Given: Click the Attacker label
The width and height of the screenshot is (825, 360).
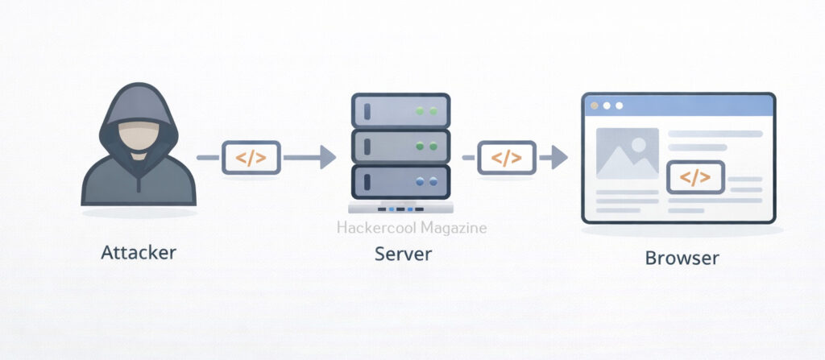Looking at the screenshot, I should click(139, 253).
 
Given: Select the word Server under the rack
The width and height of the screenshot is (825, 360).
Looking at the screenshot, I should click(403, 254).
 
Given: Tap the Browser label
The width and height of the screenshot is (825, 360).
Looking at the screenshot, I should click(682, 259).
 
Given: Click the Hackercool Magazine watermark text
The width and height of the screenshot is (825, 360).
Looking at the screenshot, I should click(411, 228).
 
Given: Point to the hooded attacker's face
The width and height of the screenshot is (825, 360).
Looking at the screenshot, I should click(138, 133).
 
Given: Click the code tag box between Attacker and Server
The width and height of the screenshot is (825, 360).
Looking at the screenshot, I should click(251, 158).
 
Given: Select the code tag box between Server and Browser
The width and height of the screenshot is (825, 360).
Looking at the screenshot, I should click(506, 158).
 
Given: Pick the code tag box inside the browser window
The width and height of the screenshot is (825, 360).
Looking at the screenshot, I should click(696, 177).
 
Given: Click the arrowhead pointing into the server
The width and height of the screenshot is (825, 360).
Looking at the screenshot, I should click(327, 158).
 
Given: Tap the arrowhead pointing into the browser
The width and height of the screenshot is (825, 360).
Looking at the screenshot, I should click(559, 158).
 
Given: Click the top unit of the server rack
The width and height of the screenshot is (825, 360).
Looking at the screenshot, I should click(400, 110).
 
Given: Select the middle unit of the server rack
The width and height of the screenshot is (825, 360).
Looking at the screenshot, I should click(400, 146).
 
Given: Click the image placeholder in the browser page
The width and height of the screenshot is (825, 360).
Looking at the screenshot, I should click(627, 153).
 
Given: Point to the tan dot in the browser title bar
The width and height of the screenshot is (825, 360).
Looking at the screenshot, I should click(595, 106).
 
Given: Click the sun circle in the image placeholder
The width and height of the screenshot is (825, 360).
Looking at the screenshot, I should click(639, 145).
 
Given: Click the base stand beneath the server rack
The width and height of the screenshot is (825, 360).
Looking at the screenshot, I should click(400, 209).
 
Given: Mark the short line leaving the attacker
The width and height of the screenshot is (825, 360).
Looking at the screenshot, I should click(208, 158).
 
